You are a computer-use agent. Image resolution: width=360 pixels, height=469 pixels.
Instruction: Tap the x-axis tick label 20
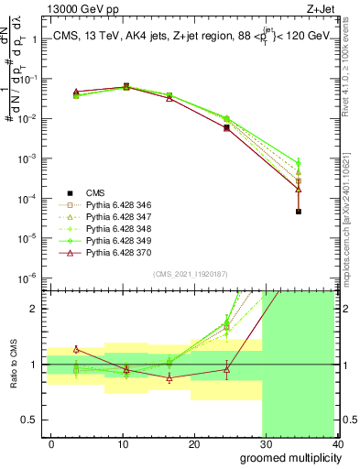click(194, 444)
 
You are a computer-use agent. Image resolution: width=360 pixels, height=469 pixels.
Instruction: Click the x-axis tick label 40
click(336, 444)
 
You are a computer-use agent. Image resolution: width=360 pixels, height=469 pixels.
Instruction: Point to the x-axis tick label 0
click(51, 444)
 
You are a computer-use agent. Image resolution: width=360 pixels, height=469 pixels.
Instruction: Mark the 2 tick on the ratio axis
click(33, 308)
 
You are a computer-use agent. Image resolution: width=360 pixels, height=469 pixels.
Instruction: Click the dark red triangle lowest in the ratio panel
click(169, 377)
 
